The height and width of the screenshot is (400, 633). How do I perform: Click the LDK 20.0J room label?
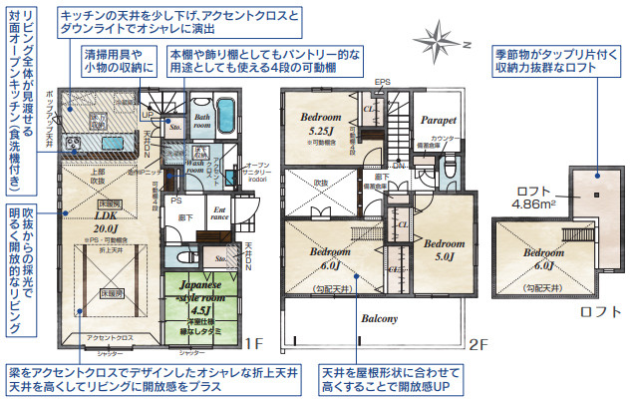(x=107, y=221)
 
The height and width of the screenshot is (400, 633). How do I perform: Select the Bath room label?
(x=202, y=122)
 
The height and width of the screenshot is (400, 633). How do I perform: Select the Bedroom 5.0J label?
(x=444, y=249)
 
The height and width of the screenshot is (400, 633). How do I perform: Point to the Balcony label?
(x=379, y=319)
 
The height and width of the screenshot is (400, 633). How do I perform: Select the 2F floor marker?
(x=479, y=344)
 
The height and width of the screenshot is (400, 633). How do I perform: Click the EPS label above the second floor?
(x=383, y=84)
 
